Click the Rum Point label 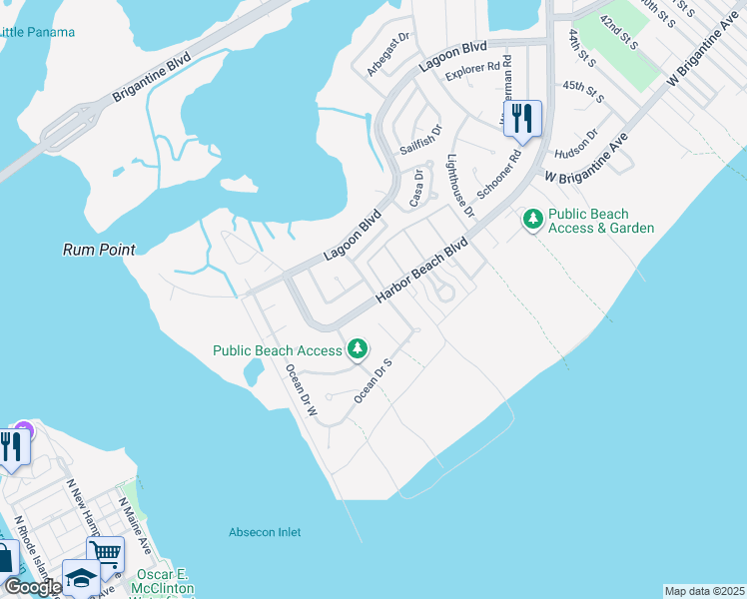point(98,250)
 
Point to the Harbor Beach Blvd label point(421,272)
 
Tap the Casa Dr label point(417,188)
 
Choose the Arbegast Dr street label point(388,54)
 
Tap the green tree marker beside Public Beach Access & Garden point(532,218)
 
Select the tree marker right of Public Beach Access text point(357,348)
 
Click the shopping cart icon point(105,552)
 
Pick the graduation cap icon point(81,577)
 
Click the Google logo point(33,587)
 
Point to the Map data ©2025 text point(704,591)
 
